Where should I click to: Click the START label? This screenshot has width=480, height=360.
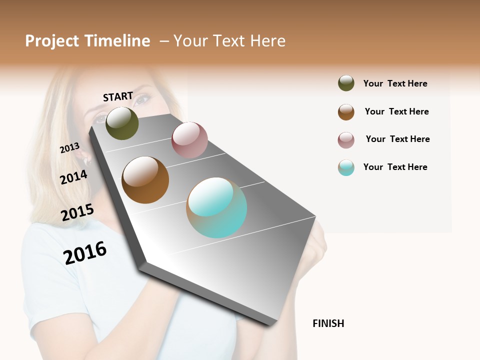118,96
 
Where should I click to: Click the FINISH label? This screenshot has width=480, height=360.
328,323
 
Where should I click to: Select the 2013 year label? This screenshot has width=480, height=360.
69,148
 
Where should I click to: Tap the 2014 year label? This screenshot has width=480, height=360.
73,177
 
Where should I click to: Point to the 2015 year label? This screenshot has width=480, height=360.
77,212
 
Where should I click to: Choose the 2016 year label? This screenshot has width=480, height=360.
85,252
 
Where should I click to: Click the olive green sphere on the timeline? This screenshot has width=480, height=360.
122,123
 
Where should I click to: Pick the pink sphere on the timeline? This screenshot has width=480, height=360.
189,140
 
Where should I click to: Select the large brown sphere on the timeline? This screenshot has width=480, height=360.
145,180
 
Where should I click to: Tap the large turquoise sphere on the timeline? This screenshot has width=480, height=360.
216,207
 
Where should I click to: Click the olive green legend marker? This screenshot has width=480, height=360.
346,83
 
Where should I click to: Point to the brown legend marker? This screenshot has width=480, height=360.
346,112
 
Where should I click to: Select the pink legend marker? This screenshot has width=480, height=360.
346,140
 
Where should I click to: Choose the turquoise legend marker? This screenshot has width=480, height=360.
346,167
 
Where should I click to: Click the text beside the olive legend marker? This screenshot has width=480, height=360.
395,83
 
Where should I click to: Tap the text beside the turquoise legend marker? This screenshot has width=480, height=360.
395,167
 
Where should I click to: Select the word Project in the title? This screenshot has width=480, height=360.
51,41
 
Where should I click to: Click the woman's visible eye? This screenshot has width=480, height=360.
141,99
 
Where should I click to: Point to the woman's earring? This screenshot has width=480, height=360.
85,160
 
